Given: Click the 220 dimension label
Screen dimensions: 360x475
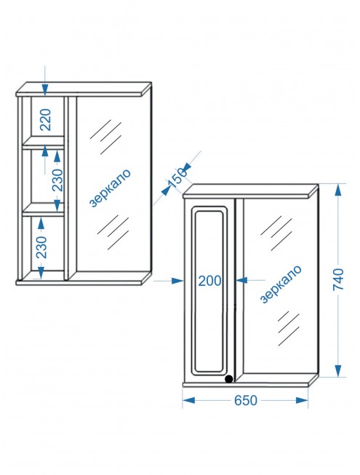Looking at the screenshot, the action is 46,119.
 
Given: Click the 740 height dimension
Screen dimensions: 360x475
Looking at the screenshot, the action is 338,279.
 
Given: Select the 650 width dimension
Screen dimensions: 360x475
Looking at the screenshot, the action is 246,400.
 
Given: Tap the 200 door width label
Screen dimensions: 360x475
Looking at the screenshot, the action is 210,281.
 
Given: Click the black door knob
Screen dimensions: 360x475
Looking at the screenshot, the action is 229,379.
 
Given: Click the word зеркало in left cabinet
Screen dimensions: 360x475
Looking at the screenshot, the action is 111,188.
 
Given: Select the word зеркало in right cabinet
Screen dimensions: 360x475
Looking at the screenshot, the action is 281,284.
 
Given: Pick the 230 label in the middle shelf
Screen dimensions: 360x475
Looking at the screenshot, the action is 57,180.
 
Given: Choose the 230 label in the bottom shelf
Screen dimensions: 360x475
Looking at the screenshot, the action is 41,247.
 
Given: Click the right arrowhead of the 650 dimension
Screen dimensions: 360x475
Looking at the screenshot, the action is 302,400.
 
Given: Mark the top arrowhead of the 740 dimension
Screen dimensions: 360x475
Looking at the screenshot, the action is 338,190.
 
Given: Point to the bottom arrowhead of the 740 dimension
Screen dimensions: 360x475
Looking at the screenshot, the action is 338,370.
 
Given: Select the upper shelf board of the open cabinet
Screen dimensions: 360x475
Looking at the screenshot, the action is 44,143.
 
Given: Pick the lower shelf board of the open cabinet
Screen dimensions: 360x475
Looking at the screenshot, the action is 44,209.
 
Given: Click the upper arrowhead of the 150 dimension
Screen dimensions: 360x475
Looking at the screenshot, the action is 186,166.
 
